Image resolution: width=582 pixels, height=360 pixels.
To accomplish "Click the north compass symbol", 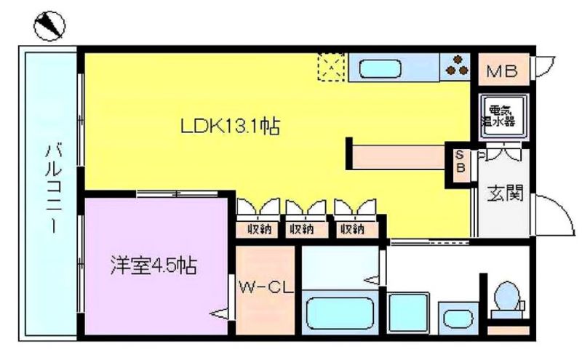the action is pyautogui.click(x=49, y=26).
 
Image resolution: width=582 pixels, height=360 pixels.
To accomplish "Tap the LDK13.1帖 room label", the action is pyautogui.click(x=230, y=127).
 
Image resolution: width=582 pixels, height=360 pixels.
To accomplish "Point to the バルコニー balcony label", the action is pyautogui.click(x=54, y=188).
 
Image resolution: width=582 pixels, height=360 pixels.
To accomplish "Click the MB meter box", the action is pyautogui.click(x=503, y=70).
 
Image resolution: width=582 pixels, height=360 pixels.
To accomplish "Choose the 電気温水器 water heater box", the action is pyautogui.click(x=503, y=116).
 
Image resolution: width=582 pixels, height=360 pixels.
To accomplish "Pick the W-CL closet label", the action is pyautogui.click(x=266, y=287).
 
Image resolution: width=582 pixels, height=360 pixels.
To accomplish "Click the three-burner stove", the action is pyautogui.click(x=455, y=66).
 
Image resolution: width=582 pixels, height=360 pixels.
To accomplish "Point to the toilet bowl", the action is pyautogui.click(x=507, y=296).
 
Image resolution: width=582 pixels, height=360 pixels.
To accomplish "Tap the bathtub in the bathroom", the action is pyautogui.click(x=339, y=314).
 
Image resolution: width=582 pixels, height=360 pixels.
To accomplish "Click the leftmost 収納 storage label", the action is pyautogui.click(x=259, y=230).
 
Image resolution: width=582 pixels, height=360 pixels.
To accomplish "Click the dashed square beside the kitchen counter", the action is pyautogui.click(x=332, y=67).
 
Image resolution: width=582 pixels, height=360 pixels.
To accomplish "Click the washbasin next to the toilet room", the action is pyautogui.click(x=459, y=319).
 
